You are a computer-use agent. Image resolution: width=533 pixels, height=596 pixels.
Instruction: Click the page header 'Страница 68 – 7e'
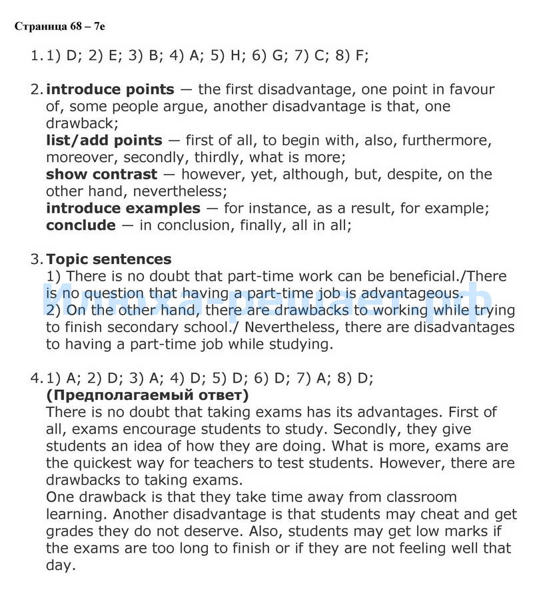[x=59, y=27]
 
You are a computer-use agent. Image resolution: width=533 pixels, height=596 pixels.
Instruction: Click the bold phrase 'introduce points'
[x=110, y=89]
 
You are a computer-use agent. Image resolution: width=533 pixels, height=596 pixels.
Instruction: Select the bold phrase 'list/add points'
[x=104, y=140]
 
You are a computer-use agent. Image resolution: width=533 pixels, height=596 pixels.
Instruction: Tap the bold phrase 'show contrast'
[x=101, y=175]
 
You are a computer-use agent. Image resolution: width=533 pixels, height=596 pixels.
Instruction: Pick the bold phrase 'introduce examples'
[x=123, y=208]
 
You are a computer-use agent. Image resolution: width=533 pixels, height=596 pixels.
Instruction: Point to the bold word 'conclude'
[x=81, y=225]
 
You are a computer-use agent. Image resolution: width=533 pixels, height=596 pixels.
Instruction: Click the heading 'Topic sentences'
[x=109, y=259]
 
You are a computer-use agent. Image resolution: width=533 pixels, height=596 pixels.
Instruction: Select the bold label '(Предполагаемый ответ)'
[x=147, y=395]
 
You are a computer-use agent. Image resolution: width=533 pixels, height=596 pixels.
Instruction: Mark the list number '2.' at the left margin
[x=37, y=89]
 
